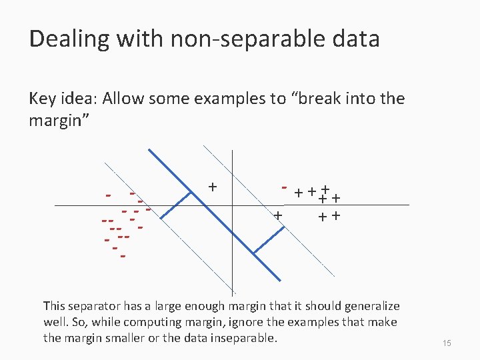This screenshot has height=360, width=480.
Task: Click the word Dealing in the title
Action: tap(65, 39)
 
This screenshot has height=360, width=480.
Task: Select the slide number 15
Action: tap(447, 343)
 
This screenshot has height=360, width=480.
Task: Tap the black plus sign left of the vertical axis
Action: tap(212, 186)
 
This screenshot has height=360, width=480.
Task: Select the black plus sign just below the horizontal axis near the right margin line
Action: tap(278, 215)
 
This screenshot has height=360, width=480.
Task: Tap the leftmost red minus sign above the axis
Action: tap(107, 196)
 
